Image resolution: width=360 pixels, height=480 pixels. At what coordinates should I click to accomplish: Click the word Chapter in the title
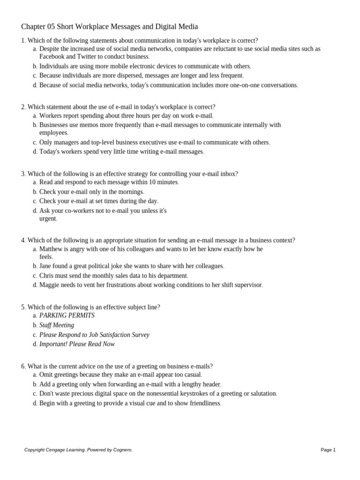pyautogui.click(x=35, y=27)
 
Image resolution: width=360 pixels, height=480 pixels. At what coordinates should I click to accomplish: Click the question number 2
pyautogui.click(x=23, y=107)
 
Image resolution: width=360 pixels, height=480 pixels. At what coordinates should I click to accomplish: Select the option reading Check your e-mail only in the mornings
pyautogui.click(x=91, y=192)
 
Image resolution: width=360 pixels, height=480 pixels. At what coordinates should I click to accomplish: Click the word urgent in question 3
pyautogui.click(x=47, y=218)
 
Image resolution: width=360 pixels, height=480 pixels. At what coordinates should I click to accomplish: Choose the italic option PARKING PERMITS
pyautogui.click(x=67, y=315)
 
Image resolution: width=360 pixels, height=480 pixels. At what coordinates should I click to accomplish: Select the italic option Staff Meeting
pyautogui.click(x=57, y=325)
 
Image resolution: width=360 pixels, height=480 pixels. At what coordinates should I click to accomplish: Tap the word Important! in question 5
pyautogui.click(x=54, y=344)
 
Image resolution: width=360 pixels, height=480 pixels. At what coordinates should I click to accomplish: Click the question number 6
pyautogui.click(x=23, y=366)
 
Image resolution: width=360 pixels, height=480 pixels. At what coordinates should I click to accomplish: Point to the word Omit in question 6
pyautogui.click(x=47, y=375)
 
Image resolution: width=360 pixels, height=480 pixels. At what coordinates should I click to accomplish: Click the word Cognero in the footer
pyautogui.click(x=122, y=450)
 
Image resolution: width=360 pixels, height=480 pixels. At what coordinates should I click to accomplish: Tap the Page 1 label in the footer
pyautogui.click(x=328, y=450)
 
